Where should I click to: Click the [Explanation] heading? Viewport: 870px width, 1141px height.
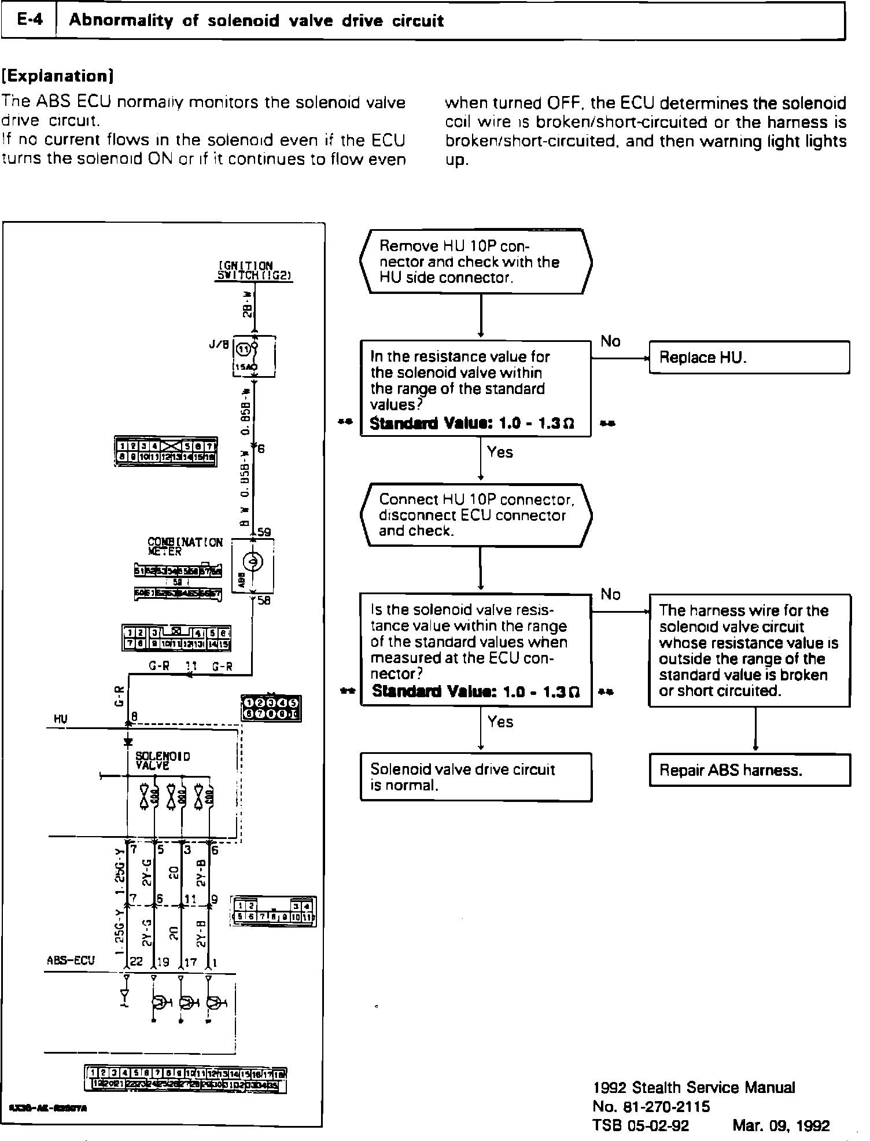point(57,76)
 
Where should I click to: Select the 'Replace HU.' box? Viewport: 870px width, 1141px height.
point(749,358)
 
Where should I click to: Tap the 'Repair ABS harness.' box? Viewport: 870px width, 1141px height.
point(749,770)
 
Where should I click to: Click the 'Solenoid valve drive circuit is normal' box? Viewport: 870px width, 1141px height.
point(475,776)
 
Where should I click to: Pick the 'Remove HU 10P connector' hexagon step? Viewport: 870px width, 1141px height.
point(475,262)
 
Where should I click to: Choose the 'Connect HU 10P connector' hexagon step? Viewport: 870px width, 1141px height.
point(475,515)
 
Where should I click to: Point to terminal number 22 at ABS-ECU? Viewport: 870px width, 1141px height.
point(136,962)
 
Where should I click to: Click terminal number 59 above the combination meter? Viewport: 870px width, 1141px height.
point(264,532)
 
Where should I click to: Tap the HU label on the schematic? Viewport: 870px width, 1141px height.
point(60,719)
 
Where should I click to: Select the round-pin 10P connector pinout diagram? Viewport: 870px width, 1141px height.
point(271,709)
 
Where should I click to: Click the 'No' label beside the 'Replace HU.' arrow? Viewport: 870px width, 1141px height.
point(610,341)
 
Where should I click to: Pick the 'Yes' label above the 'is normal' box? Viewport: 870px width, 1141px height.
point(500,722)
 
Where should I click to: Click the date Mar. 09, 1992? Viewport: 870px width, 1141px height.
point(781,1125)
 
